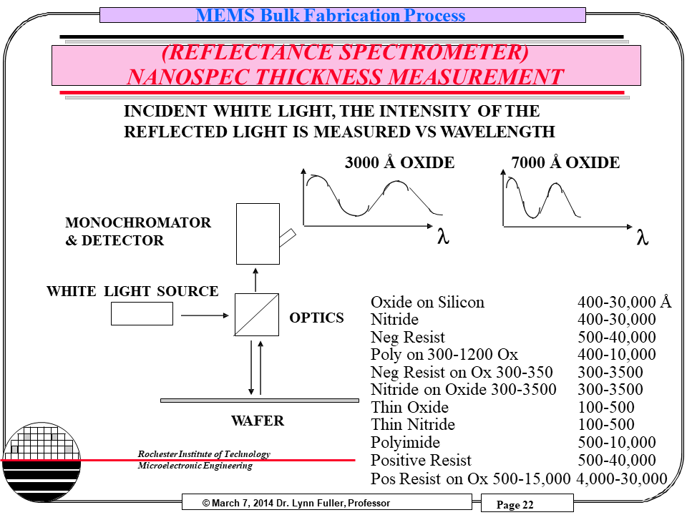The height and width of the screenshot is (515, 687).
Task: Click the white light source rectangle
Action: (x=142, y=313)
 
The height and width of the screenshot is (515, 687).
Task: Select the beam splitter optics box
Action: (x=257, y=314)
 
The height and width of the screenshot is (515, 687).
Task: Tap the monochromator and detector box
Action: (x=258, y=233)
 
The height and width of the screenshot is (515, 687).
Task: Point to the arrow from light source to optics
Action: (x=203, y=314)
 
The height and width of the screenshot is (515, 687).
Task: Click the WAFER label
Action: (x=258, y=421)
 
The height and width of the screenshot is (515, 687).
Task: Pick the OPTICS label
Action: (x=316, y=318)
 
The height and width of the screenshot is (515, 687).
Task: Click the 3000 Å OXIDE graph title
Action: (x=399, y=163)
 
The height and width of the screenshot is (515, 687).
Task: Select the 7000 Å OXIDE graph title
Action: (x=565, y=163)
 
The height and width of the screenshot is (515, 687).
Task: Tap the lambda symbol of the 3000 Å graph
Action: (x=443, y=238)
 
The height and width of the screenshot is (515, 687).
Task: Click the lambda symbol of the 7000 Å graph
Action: (x=642, y=238)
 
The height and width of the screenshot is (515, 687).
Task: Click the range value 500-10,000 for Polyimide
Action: (x=617, y=443)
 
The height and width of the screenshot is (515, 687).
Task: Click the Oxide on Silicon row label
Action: (x=427, y=303)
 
